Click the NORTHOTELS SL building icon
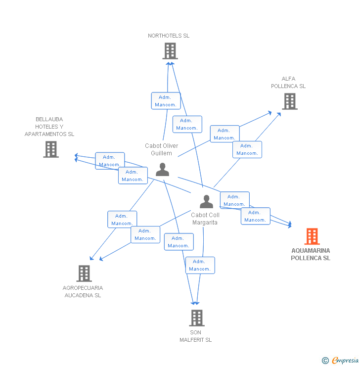click(170, 50)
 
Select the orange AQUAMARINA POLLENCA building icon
click(312, 236)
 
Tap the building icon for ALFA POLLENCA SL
click(289, 101)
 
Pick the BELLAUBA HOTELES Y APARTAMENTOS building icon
click(51, 149)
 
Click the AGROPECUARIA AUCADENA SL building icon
click(84, 273)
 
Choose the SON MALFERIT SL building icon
click(197, 318)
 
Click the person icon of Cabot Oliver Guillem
click(162, 169)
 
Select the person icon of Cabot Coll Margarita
click(206, 201)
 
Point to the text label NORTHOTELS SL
click(169, 36)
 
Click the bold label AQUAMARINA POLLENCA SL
click(311, 254)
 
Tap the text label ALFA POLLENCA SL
click(288, 82)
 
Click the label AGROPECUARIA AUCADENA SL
click(83, 291)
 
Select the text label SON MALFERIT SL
click(195, 336)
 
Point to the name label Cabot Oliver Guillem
click(162, 149)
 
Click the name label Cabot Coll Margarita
click(205, 219)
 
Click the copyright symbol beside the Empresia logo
click(325, 361)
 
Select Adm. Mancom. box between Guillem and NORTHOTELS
click(166, 101)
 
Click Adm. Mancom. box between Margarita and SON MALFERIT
click(200, 265)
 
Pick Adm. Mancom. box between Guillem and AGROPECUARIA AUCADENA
click(122, 220)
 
